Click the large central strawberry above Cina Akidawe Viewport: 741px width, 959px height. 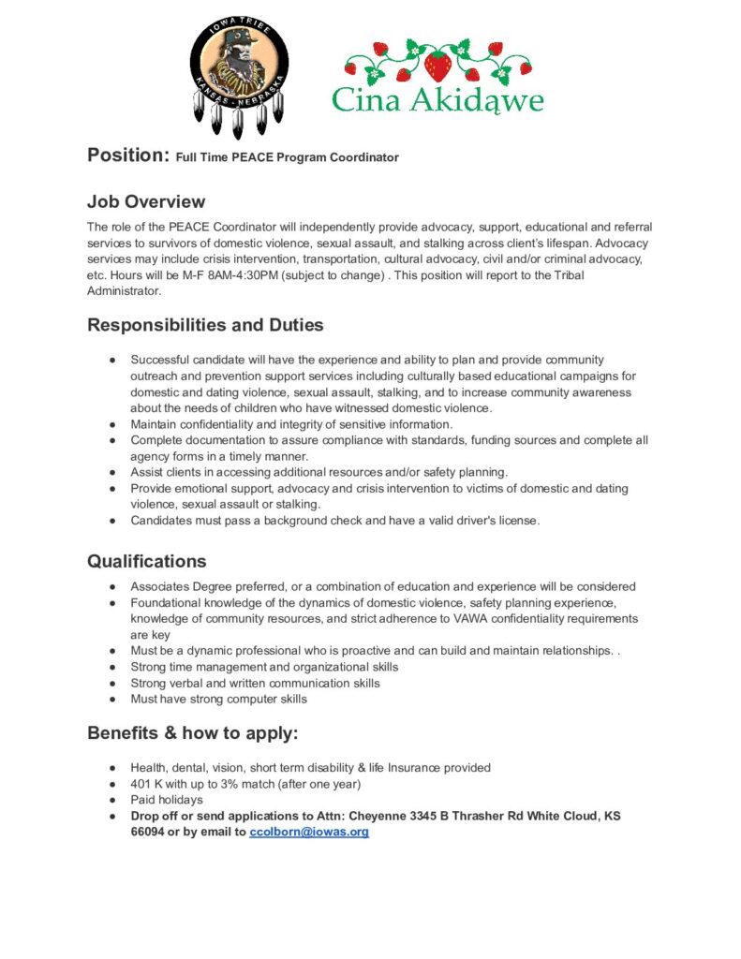437,65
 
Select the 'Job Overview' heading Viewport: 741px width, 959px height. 146,201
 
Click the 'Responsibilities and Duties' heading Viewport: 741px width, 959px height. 205,325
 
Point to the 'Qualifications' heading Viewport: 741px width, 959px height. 147,561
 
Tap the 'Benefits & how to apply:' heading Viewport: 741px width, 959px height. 193,732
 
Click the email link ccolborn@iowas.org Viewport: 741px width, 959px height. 309,832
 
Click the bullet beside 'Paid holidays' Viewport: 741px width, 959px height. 112,800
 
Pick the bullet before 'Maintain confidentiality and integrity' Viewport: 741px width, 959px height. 112,424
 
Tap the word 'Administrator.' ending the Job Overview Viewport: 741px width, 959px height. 125,291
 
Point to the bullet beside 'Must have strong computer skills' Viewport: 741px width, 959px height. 112,699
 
